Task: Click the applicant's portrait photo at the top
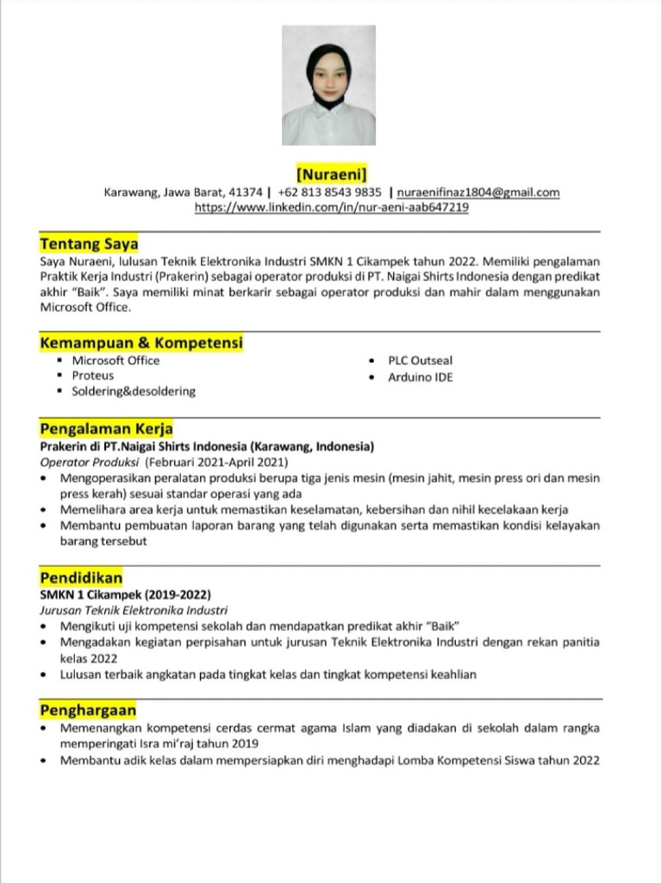coord(328,85)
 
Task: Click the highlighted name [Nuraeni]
coord(332,174)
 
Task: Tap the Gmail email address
coord(478,192)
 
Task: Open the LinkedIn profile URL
coord(332,208)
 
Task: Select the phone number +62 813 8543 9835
coord(330,192)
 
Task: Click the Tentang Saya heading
coord(89,244)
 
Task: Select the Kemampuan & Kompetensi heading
coord(141,343)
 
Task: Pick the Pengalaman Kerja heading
coord(107,429)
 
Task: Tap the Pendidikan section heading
coord(81,578)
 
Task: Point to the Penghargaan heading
coord(88,710)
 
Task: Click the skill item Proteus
coord(93,376)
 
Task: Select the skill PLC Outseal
coord(420,360)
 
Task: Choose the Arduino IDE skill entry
coord(420,377)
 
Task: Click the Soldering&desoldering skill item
coord(134,391)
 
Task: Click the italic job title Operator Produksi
coord(90,462)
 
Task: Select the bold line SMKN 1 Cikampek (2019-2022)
coord(125,595)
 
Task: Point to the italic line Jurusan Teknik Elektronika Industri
coord(134,610)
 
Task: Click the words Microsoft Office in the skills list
coord(116,360)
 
